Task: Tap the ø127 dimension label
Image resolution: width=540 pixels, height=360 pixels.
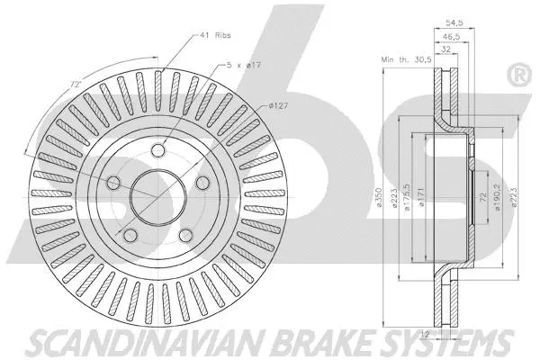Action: tap(280, 106)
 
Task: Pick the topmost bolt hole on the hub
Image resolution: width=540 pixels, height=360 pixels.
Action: tap(159, 150)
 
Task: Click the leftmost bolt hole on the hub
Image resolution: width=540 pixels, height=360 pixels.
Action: tap(114, 184)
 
